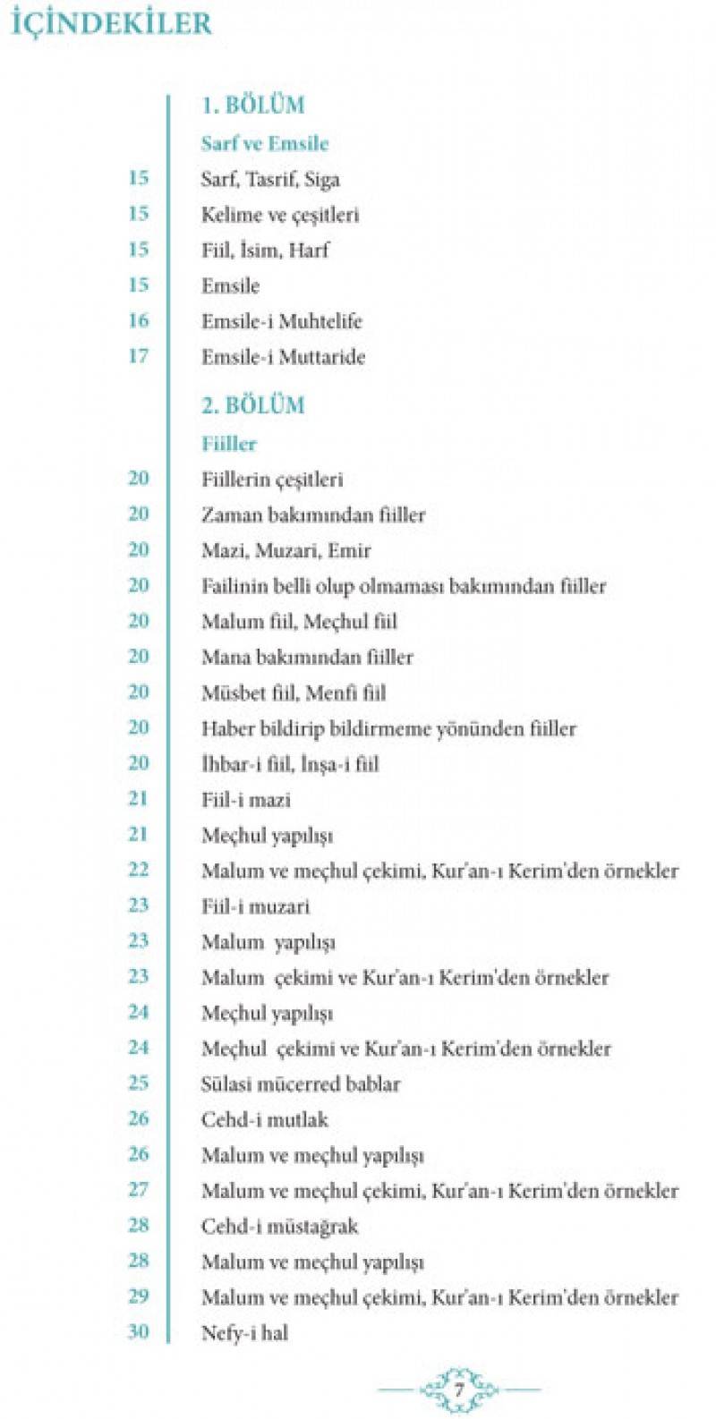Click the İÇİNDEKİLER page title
(111, 22)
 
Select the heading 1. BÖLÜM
(252, 105)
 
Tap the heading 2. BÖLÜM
(252, 404)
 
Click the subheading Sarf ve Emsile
(265, 143)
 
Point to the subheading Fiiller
(229, 444)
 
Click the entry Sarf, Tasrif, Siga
(270, 179)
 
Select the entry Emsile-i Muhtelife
(281, 321)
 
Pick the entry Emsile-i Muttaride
(283, 357)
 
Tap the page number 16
(138, 320)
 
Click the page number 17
(138, 356)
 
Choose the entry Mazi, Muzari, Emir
(286, 550)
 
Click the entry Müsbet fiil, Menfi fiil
(294, 693)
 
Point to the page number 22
(138, 870)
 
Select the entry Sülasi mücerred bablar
(300, 1083)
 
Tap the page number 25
(138, 1083)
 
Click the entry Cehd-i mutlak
(264, 1119)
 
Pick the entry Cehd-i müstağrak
(279, 1226)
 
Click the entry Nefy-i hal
(244, 1332)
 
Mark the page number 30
(138, 1331)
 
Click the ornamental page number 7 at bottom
(458, 1390)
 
